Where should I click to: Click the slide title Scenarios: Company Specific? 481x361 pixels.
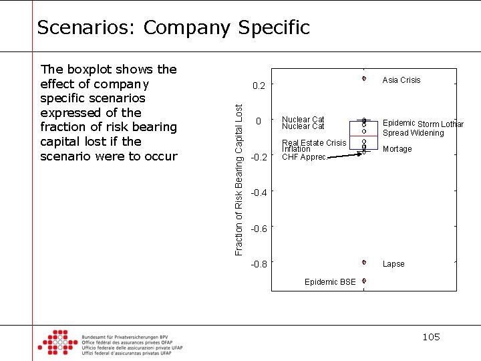coord(173,27)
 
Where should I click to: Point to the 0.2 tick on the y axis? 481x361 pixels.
coord(259,86)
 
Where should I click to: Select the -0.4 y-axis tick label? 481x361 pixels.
coord(259,193)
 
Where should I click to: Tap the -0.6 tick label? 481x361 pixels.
coord(259,229)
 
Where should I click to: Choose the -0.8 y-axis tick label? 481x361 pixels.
coord(259,264)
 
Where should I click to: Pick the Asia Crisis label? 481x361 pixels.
coord(401,80)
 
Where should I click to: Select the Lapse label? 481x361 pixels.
coord(393,264)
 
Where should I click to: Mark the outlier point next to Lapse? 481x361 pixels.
coord(364,263)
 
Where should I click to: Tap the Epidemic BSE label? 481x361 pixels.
coord(330,282)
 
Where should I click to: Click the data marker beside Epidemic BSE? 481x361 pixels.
coord(364,281)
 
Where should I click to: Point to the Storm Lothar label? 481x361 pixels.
coord(441,124)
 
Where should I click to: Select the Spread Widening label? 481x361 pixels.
coord(413,133)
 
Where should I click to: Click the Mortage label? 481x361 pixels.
coord(397,149)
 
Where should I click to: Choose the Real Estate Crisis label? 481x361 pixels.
coord(314,142)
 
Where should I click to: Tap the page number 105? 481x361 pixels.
coord(431,337)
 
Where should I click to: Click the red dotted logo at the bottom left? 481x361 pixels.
coord(57,342)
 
